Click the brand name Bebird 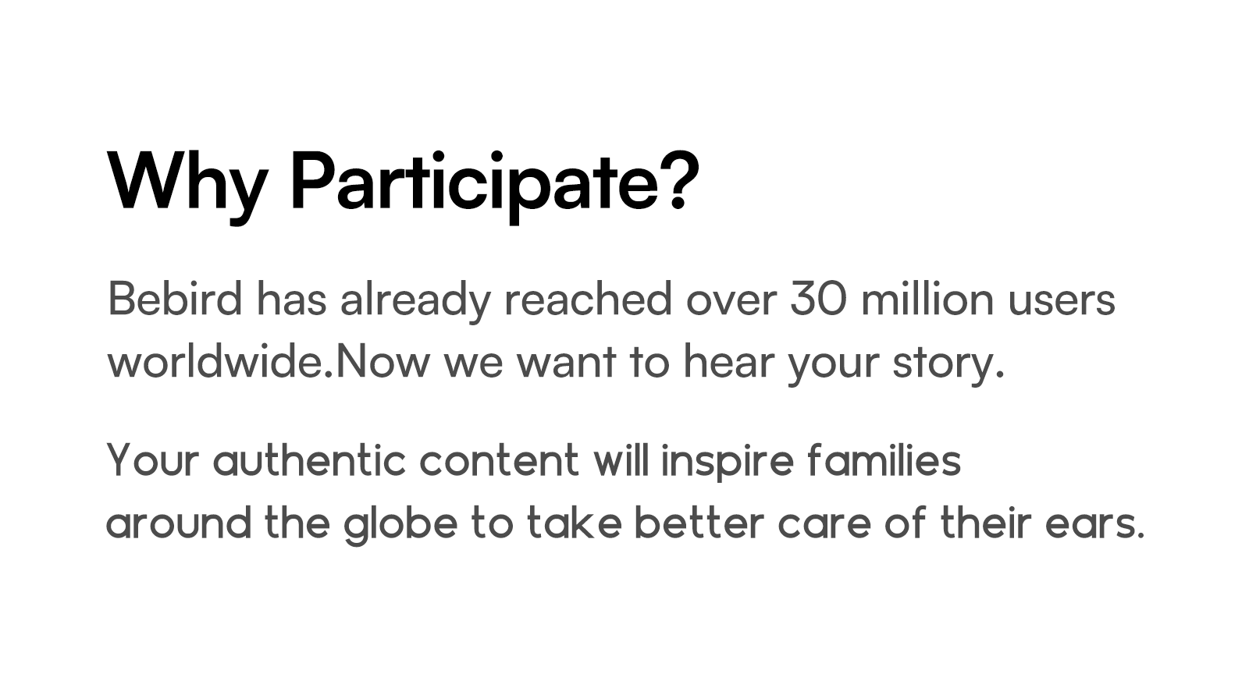pyautogui.click(x=175, y=300)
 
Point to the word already pyautogui.click(x=415, y=301)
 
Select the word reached pyautogui.click(x=589, y=300)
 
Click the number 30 pyautogui.click(x=818, y=300)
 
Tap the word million pyautogui.click(x=927, y=300)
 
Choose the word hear pyautogui.click(x=729, y=362)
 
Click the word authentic pyautogui.click(x=309, y=460)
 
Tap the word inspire pyautogui.click(x=727, y=463)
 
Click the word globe pyautogui.click(x=401, y=525)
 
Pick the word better pyautogui.click(x=699, y=523)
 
